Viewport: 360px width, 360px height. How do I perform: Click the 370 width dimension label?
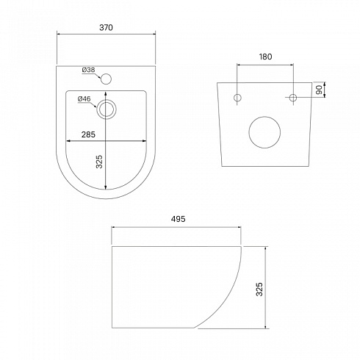point(106,28)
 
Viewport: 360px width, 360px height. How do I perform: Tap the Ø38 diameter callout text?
point(88,70)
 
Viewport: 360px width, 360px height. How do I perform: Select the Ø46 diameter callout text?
point(84,99)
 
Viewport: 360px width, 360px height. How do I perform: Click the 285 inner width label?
point(88,134)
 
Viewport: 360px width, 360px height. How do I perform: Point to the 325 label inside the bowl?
point(99,162)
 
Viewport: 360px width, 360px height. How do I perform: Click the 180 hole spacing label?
point(265,57)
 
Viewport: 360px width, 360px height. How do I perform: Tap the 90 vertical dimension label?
point(319,90)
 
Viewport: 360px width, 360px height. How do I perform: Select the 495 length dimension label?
point(178,219)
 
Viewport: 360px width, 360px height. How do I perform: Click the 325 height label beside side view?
point(259,289)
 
